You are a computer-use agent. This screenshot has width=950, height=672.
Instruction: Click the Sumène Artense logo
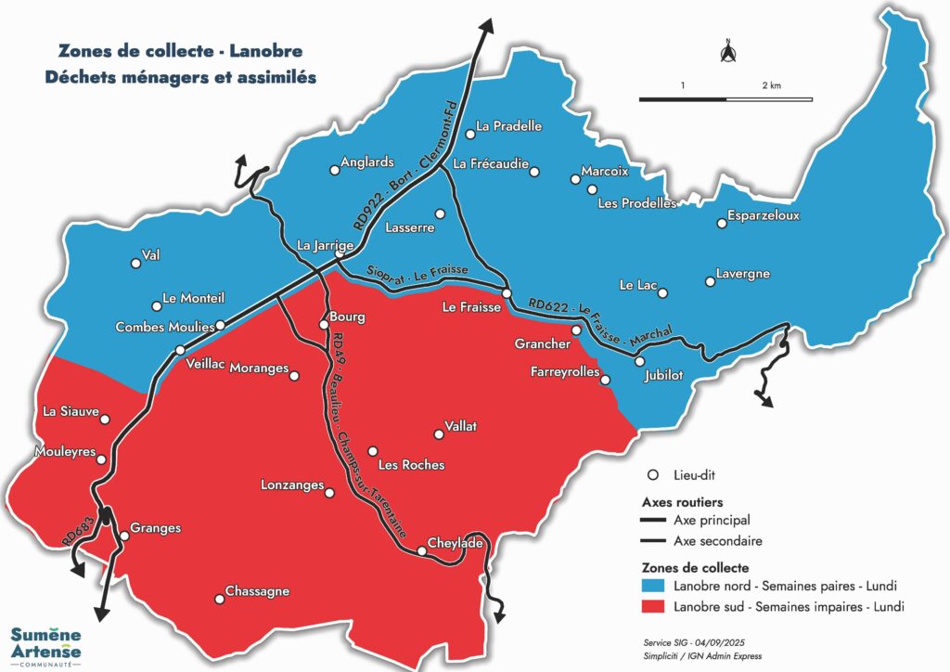tap(45, 643)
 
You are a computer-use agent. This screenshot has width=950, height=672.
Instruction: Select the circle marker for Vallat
tap(440, 433)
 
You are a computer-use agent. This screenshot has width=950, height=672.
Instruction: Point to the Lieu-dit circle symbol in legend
tap(652, 474)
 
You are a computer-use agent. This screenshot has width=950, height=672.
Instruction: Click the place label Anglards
tap(367, 162)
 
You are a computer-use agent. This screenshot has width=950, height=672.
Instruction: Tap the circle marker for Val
tap(136, 264)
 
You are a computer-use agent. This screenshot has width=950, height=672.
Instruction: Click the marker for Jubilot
tap(639, 361)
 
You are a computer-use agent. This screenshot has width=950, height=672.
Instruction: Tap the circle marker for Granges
tap(124, 536)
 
